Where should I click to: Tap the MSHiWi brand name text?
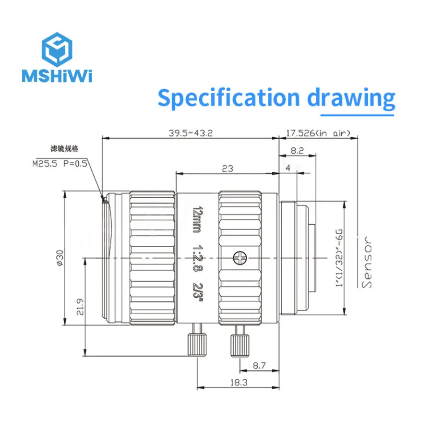pos(57,76)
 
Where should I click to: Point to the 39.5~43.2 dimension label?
pos(190,133)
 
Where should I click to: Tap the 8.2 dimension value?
pos(298,150)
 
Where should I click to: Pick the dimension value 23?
pos(228,168)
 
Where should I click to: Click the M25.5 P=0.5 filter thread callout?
pos(60,163)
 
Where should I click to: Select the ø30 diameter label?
pos(60,258)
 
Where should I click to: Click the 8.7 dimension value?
pos(259,366)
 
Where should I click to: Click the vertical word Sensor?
pos(368,262)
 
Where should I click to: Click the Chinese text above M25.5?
pos(64,148)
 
